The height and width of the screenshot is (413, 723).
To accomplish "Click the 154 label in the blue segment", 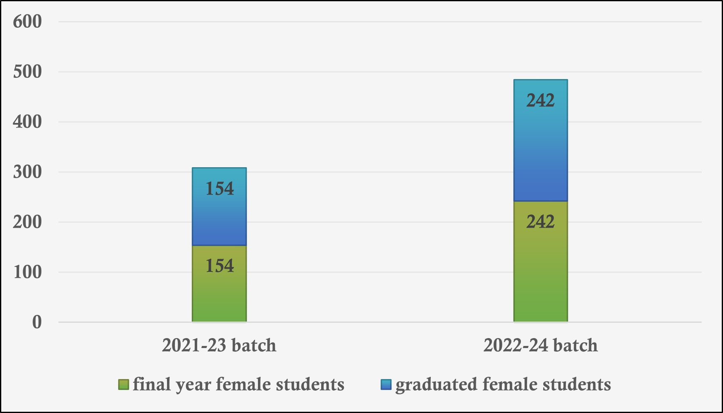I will point(220,189).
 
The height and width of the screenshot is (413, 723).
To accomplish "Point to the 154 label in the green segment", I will point(220,266).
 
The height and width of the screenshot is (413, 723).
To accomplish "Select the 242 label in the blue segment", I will point(540,101).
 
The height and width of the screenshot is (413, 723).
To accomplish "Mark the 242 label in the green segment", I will point(540,222).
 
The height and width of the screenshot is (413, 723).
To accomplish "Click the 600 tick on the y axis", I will point(27,22).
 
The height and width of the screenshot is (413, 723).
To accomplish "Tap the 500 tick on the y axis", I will point(27,72).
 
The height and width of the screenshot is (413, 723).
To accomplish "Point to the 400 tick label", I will point(27,122).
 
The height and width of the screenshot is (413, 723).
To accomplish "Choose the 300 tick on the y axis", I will point(27,172).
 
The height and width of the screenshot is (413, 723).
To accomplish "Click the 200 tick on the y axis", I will point(27,222).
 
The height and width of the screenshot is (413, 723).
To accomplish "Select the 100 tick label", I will point(27,272).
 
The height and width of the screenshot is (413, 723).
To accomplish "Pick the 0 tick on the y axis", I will point(37,322).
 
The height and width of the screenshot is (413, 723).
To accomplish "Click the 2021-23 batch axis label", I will point(219,345).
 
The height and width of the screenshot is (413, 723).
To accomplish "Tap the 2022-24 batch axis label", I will point(540,345).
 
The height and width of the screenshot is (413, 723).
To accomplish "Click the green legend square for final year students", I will point(124,384).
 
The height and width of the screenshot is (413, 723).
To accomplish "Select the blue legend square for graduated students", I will point(386,384).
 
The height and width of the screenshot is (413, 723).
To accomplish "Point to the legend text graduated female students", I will point(503,384).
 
